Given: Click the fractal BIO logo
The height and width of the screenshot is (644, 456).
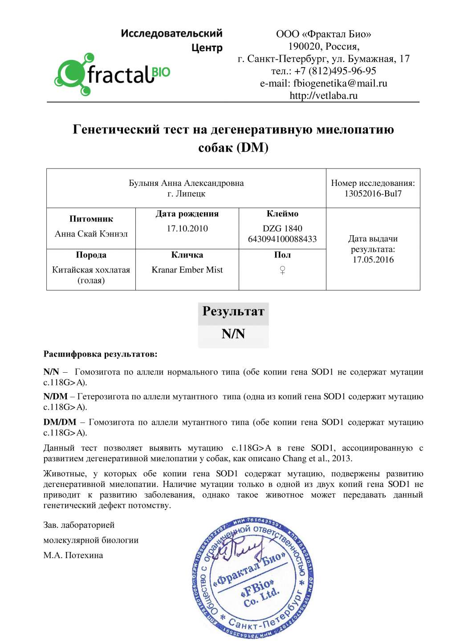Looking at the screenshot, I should tap(112, 74).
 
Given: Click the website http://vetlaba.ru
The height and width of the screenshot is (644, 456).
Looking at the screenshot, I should tap(323, 95).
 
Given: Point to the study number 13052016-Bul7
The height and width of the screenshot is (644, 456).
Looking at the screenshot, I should tap(373, 193).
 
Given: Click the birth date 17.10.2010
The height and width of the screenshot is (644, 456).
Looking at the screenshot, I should tap(187, 228).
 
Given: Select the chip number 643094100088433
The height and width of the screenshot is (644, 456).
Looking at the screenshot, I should tap(282, 239).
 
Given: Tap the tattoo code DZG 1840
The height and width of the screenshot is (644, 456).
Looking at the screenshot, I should tap(282, 228).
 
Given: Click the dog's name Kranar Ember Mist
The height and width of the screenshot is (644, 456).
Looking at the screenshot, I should tap(187, 270).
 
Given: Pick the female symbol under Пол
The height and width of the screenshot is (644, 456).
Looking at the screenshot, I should tap(282, 270).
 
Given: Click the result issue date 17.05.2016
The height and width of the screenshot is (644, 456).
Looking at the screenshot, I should tap(373, 260).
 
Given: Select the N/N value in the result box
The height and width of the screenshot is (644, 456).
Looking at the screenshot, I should tap(233, 334).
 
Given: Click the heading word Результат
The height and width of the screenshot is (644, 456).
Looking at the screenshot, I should tap(233, 311).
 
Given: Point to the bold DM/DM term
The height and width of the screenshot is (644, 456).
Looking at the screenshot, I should tap(60, 422).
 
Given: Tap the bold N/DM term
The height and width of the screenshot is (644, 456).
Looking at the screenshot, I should tap(56, 396).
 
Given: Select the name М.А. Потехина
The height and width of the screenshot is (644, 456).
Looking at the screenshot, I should tap(73, 555).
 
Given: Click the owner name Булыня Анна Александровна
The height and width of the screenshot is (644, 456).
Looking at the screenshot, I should tap(186, 183).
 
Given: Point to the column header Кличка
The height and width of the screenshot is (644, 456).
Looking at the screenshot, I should tap(187, 255).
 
